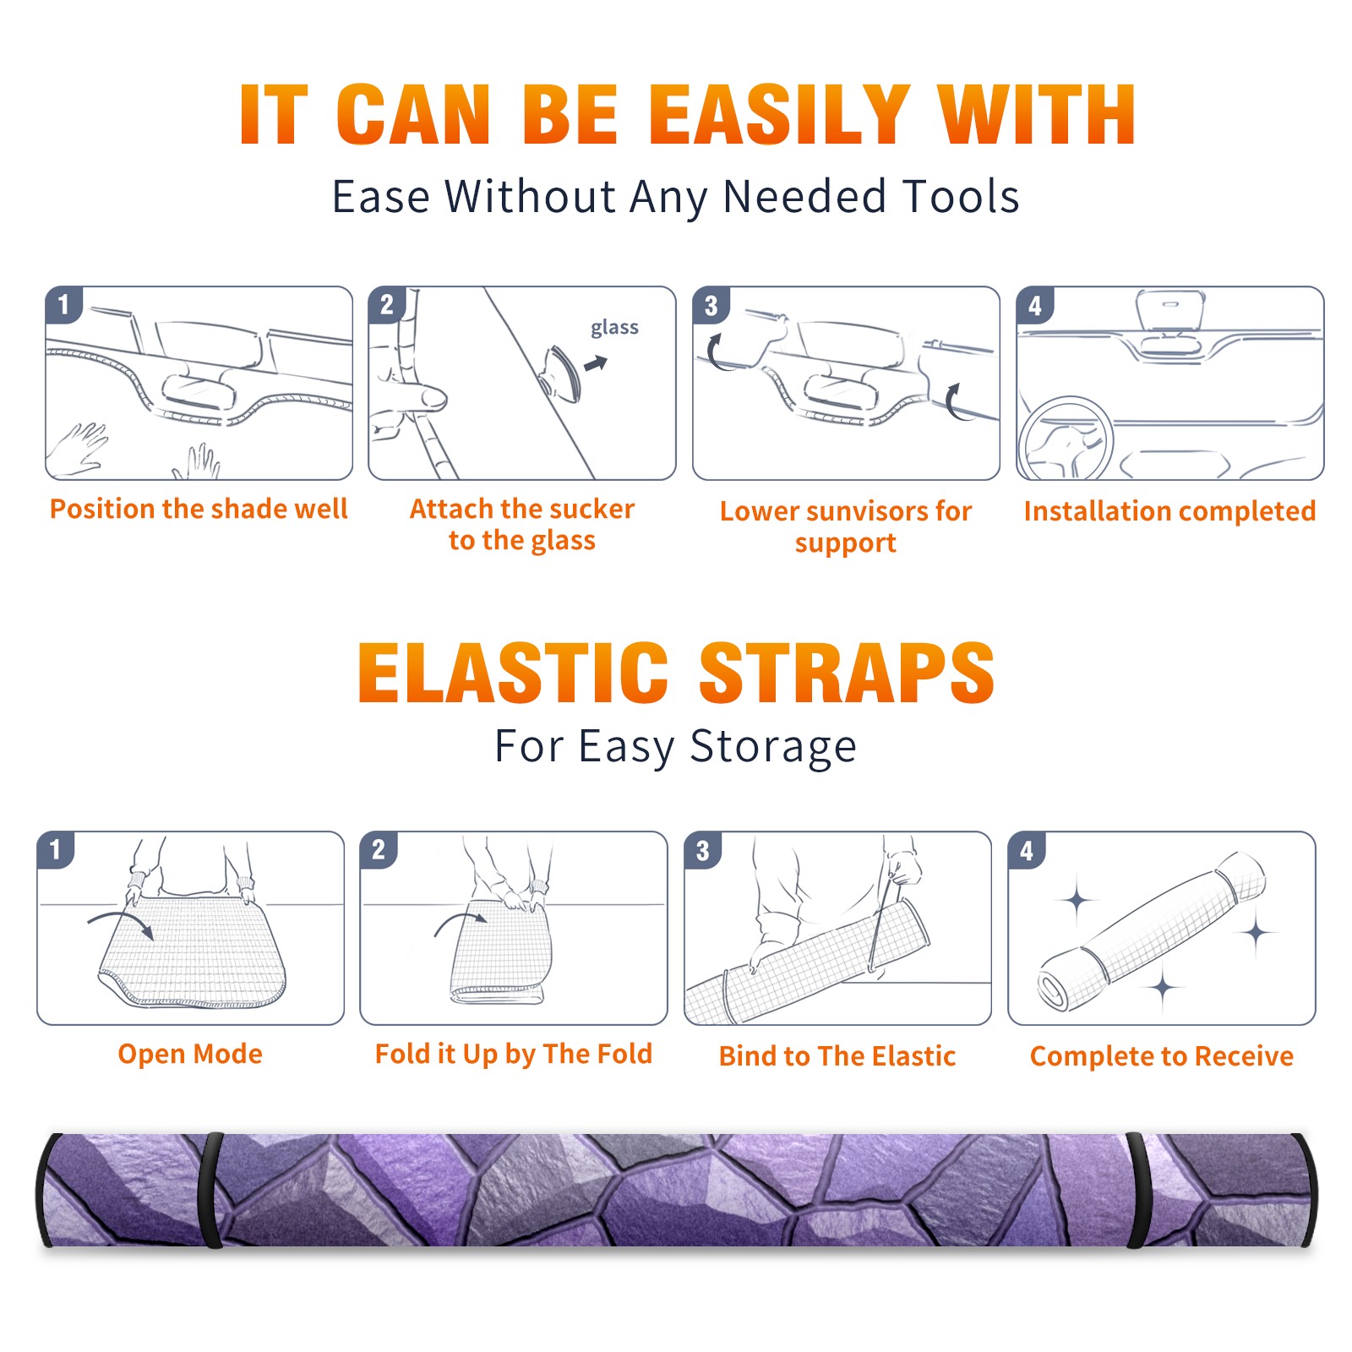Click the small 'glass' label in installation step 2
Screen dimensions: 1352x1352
point(614,328)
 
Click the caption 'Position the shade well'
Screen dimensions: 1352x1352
point(199,509)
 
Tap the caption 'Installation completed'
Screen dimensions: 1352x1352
point(1169,511)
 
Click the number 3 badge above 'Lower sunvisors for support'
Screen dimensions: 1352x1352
point(711,305)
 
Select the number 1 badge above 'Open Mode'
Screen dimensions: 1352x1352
point(56,849)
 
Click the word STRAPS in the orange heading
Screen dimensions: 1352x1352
point(847,673)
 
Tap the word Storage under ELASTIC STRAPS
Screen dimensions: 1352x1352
point(773,747)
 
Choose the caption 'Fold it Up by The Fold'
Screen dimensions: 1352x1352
point(514,1054)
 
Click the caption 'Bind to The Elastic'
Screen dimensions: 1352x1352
point(837,1056)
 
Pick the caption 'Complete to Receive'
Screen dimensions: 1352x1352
point(1162,1056)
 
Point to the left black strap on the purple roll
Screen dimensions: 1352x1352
point(210,1190)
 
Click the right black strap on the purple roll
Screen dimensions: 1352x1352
point(1137,1190)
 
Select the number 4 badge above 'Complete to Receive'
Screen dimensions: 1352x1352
point(1027,850)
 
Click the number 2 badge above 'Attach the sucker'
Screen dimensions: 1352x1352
point(387,304)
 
